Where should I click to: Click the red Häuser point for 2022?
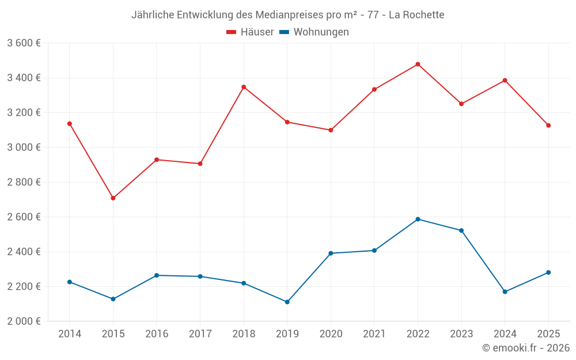coord(418,64)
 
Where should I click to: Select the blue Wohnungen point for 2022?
coord(418,219)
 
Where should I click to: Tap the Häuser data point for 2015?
coord(113,198)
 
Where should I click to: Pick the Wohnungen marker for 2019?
coord(287,302)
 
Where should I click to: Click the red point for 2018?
coord(244,87)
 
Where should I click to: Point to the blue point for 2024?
coord(505,291)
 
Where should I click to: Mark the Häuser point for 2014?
coord(70,123)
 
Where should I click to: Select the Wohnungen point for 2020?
coord(331,253)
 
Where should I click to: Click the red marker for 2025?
coord(548,126)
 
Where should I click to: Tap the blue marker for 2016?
coord(157,275)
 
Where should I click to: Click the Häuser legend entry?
coord(250,32)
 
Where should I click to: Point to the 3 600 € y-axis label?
coord(24,43)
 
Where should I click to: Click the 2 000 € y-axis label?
coord(24,321)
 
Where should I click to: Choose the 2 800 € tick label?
coord(24,182)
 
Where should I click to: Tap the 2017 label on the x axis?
coord(200,334)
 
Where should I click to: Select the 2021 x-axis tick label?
coord(374,334)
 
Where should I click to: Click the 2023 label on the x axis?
coord(461,334)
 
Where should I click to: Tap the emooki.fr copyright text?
coord(525,348)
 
